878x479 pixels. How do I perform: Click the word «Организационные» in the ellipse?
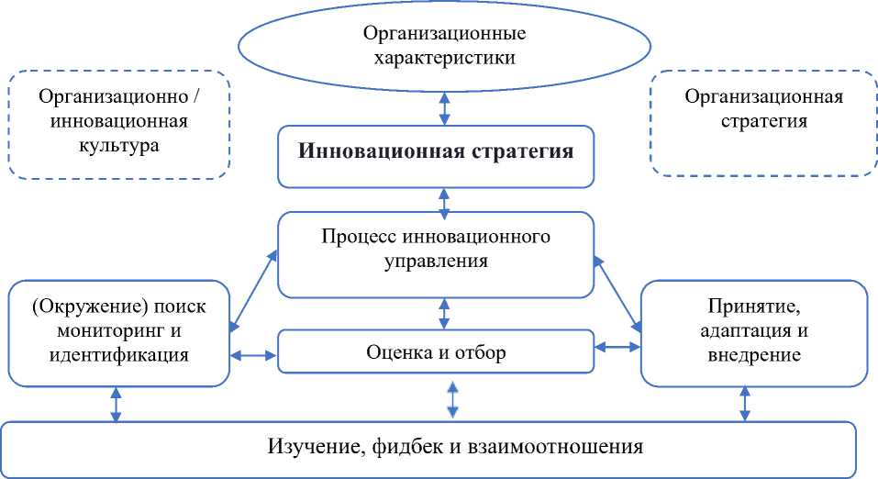(x=444, y=33)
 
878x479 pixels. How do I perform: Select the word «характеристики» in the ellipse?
(x=445, y=58)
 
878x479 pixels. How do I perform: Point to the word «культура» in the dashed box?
(x=118, y=146)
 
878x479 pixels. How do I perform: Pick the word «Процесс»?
(x=359, y=237)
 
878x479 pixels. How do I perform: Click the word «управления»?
(x=436, y=262)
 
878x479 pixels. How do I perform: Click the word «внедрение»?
(x=754, y=355)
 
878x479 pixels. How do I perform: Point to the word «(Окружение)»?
(x=90, y=306)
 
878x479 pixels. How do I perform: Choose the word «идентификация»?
(x=118, y=355)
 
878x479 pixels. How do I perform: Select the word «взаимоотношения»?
(x=555, y=447)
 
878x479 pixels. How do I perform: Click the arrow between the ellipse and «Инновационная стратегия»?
(x=444, y=108)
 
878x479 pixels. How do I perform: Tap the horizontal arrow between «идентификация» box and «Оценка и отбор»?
(x=253, y=355)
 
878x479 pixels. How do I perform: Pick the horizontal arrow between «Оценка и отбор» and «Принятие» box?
(x=617, y=348)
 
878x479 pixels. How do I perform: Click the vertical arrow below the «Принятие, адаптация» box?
(x=745, y=404)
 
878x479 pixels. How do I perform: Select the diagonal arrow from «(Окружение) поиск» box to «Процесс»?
(x=253, y=291)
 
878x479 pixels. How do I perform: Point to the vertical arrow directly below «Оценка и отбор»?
(x=452, y=399)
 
